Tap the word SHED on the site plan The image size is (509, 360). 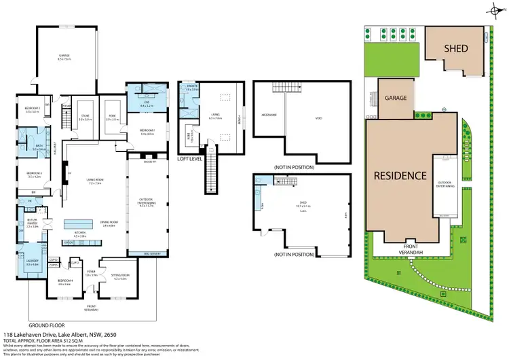[x=455, y=48]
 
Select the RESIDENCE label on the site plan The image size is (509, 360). [x=400, y=175]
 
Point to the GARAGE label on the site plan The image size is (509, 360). [x=396, y=98]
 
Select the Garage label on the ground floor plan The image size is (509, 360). [x=64, y=58]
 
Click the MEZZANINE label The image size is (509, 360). [x=269, y=115]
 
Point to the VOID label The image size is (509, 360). [x=318, y=118]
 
